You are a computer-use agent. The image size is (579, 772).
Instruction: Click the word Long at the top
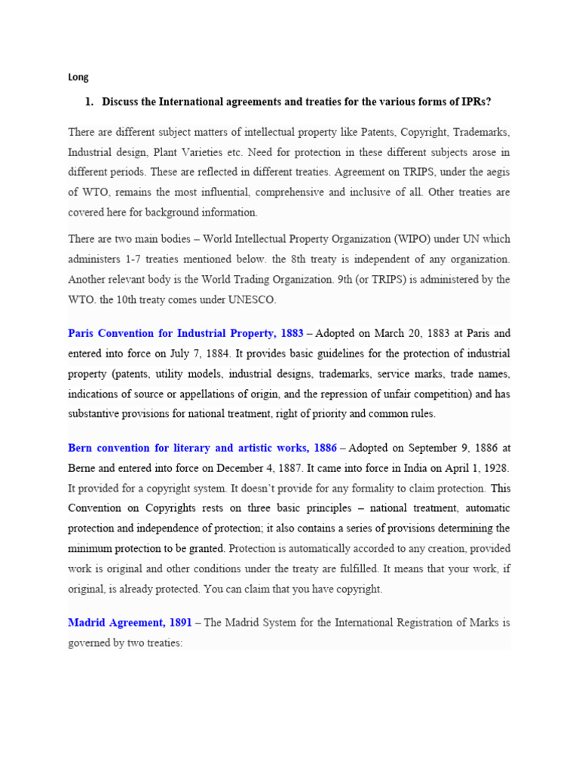tap(78, 77)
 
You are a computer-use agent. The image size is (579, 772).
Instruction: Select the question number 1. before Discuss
tap(89, 102)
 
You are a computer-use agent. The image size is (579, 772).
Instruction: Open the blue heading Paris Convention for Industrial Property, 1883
tap(185, 333)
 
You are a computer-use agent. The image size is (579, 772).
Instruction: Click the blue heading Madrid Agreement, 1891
tap(129, 623)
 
